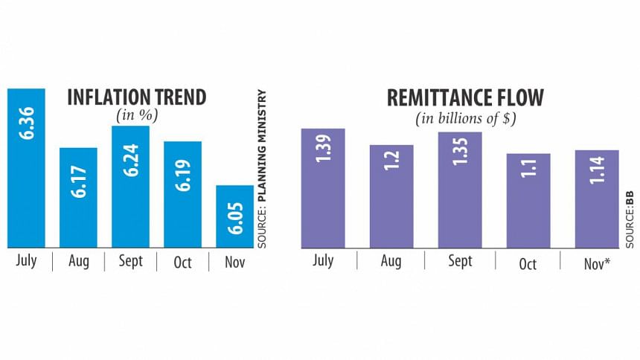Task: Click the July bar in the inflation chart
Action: point(26,167)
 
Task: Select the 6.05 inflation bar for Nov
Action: point(234,216)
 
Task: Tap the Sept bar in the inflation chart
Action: point(130,186)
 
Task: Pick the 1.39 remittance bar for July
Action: point(323,187)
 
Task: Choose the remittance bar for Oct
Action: point(528,199)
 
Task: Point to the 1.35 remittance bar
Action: point(460,189)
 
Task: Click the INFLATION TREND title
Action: point(136,97)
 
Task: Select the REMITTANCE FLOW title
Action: point(464,97)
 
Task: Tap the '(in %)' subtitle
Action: point(135,115)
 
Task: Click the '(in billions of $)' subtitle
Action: point(464,118)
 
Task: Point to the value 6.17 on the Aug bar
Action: point(78,181)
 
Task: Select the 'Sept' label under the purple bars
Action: point(460,262)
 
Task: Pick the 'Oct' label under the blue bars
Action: point(182,262)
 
